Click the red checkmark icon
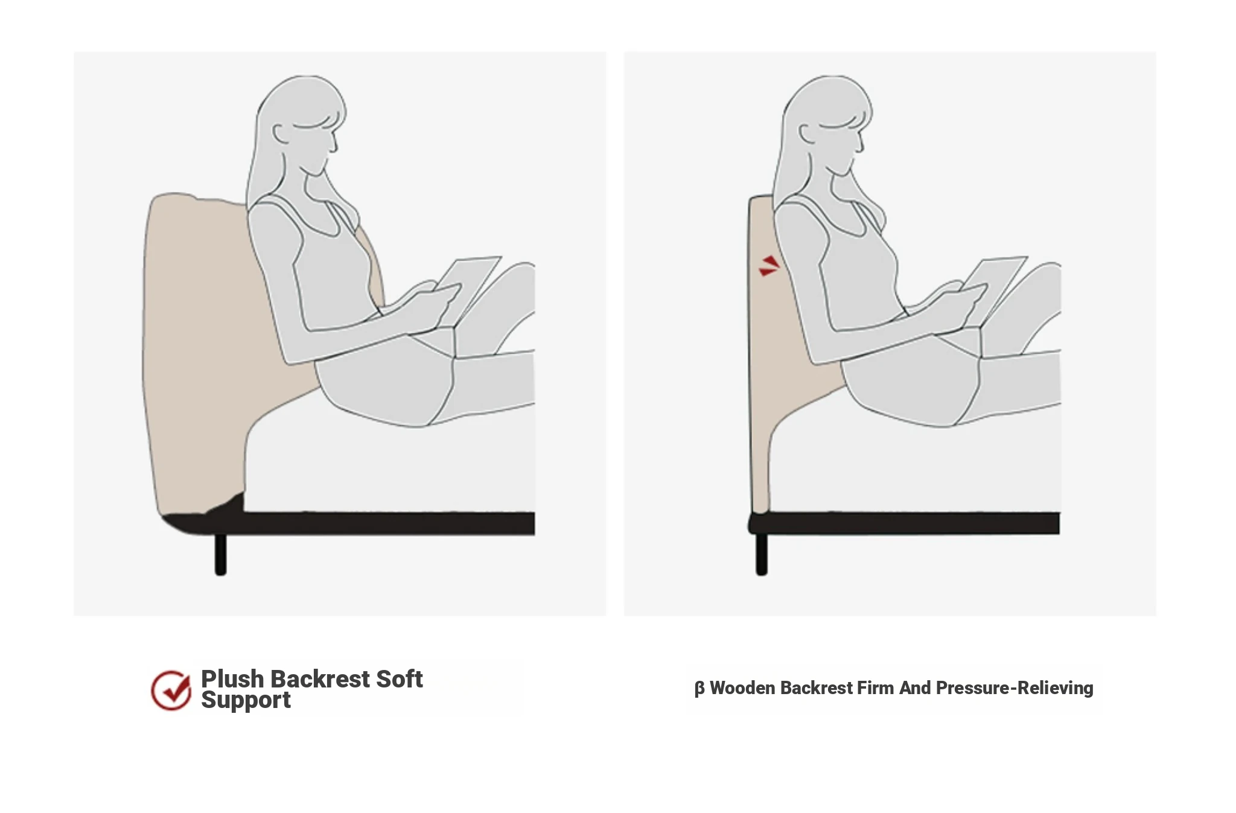coord(171,690)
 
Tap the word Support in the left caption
coord(246,700)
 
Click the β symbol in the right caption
coord(699,689)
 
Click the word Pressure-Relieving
coord(1015,688)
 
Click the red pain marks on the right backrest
coord(769,266)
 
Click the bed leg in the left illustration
coord(221,554)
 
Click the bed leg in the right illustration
coord(762,554)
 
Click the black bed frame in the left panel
coord(362,523)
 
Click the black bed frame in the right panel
coord(905,523)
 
